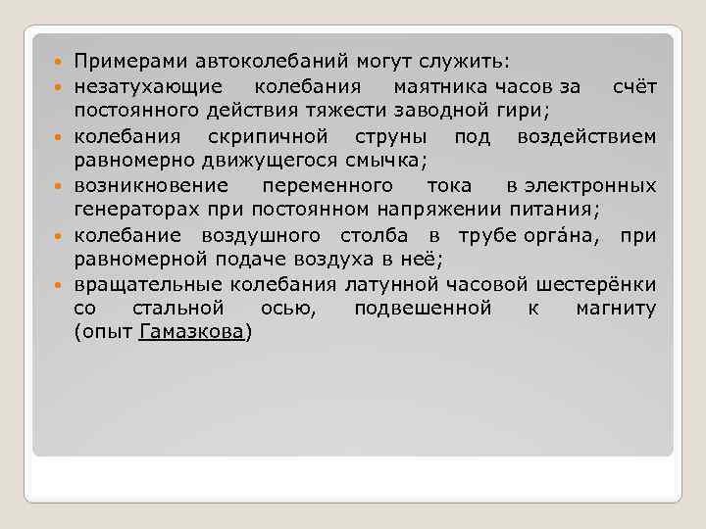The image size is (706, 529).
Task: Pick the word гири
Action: (x=529, y=111)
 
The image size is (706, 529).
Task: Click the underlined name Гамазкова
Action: (x=192, y=333)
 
